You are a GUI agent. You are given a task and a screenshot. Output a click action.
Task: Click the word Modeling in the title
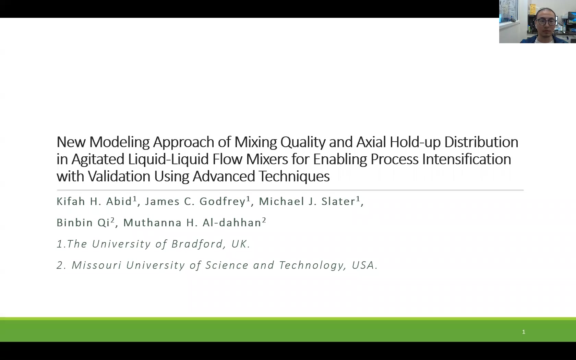tap(119, 142)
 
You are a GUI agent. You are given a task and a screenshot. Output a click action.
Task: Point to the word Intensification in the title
tap(466, 159)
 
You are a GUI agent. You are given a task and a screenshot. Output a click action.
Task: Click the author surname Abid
tap(119, 201)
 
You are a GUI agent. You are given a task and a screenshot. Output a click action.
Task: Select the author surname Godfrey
tap(223, 201)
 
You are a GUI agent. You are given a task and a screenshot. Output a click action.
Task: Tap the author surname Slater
tap(338, 201)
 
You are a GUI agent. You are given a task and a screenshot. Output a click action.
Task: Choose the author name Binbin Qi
tap(83, 223)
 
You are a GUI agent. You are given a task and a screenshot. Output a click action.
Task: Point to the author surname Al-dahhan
tap(232, 223)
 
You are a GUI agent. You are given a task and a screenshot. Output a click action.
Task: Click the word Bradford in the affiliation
tap(197, 244)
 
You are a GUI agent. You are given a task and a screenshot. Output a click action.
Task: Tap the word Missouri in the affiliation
tap(96, 265)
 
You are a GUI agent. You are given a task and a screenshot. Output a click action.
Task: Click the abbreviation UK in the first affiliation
tap(239, 244)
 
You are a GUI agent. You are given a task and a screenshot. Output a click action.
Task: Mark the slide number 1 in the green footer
tap(524, 332)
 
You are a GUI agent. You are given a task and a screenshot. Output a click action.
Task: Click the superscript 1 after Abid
tap(135, 199)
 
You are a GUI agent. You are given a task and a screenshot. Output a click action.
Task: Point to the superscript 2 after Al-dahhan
tap(264, 220)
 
